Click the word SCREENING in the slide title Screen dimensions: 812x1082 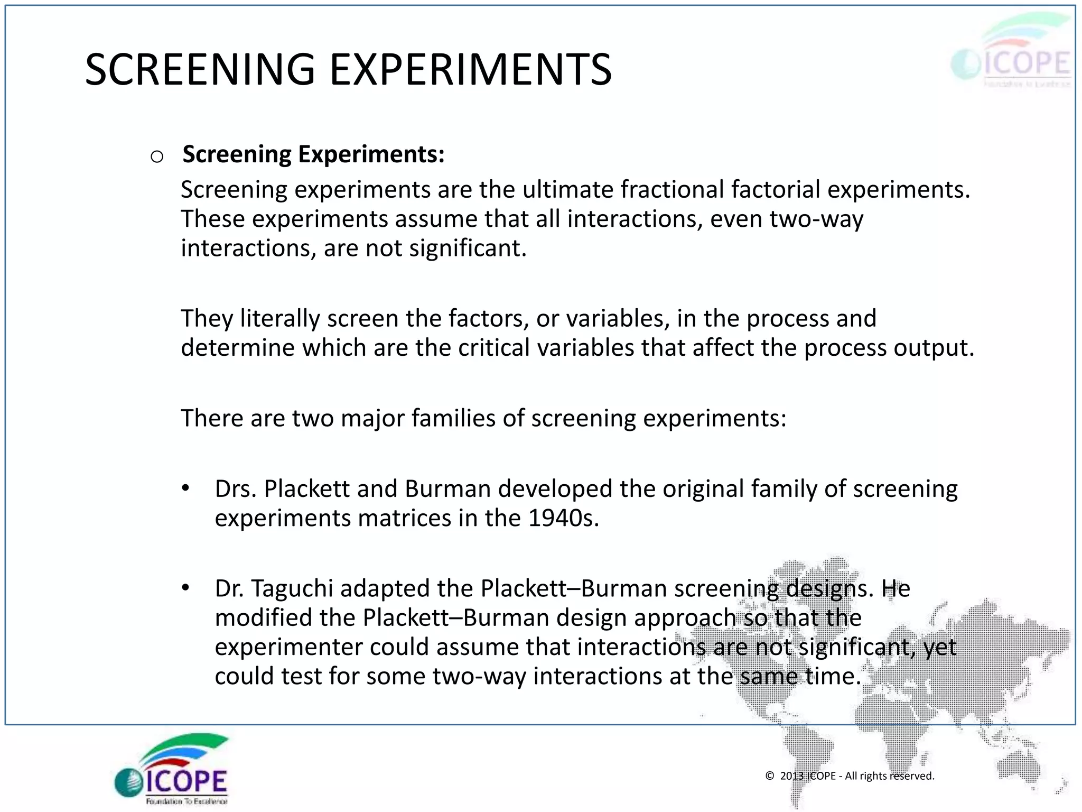coord(200,70)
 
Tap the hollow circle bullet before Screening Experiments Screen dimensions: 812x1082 coord(157,156)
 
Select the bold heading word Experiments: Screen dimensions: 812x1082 coord(371,154)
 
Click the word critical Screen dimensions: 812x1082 coord(493,348)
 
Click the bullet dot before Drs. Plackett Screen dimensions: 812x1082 coord(185,488)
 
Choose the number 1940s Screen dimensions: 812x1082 coord(563,518)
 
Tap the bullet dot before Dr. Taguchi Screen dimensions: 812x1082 coord(185,587)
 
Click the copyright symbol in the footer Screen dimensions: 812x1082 coord(770,776)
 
